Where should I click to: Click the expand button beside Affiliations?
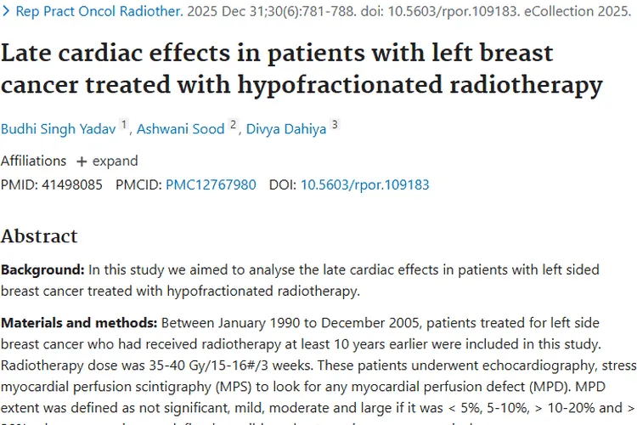(x=107, y=161)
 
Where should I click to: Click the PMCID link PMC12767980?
(x=211, y=184)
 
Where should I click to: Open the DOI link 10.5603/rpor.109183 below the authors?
(x=365, y=184)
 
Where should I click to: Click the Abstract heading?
(x=39, y=236)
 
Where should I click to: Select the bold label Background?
(x=42, y=270)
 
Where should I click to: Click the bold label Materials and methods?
(x=79, y=323)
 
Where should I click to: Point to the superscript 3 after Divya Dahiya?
(x=335, y=125)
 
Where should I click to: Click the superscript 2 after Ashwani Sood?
(x=233, y=125)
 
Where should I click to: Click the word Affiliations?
(x=33, y=161)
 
